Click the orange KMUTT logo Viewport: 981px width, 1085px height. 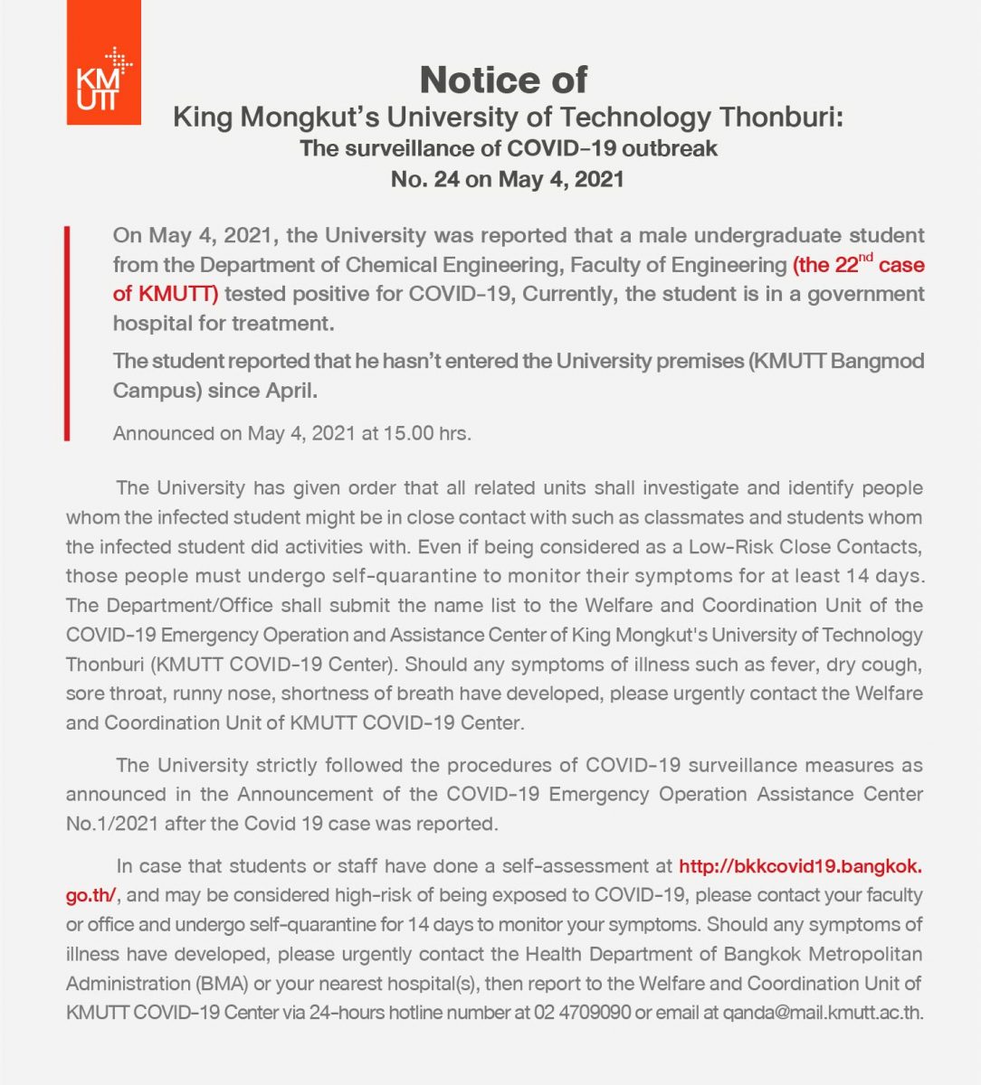pyautogui.click(x=103, y=62)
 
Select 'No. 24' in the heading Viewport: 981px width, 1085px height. pyautogui.click(x=424, y=178)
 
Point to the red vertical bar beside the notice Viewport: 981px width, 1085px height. pyautogui.click(x=67, y=334)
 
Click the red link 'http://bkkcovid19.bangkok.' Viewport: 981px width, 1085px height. pyautogui.click(x=800, y=866)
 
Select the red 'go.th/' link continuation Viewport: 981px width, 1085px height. pyautogui.click(x=90, y=895)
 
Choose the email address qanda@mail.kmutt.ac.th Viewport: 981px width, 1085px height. pyautogui.click(x=823, y=1012)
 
